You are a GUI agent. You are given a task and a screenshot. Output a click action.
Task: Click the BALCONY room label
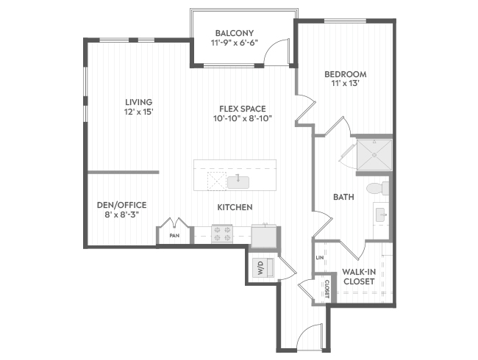pos(235,33)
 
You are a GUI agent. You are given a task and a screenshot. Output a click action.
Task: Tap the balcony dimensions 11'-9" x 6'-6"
pos(235,43)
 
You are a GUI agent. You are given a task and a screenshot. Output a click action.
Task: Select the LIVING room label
pos(139,102)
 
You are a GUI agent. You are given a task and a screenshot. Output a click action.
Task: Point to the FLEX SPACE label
pos(243,109)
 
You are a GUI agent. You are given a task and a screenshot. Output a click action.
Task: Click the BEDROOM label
pos(346,74)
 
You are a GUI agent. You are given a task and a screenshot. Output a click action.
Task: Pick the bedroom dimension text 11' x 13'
pos(344,83)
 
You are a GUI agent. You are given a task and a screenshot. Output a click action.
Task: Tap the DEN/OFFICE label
pos(121,205)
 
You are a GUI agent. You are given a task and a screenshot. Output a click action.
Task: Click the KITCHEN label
pos(235,207)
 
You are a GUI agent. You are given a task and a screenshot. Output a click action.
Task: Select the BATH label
pos(343,197)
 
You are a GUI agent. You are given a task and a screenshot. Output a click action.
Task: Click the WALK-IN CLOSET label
pos(359,276)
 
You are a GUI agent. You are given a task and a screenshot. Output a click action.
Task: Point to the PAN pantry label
pos(174,235)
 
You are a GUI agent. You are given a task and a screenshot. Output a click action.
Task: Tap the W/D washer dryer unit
pos(263,267)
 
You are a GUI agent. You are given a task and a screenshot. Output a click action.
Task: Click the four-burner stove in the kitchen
pos(222,234)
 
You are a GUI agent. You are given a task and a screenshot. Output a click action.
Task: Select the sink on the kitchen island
pos(238,182)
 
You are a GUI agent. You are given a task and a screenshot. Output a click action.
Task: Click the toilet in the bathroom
pos(378,188)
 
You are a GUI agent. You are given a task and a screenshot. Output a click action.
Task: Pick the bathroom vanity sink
pos(382,215)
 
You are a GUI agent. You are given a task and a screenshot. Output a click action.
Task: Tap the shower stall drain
pos(374,155)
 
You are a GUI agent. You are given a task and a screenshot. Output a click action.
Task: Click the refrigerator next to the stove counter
pos(264,236)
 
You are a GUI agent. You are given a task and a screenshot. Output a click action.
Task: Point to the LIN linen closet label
pos(319,258)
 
